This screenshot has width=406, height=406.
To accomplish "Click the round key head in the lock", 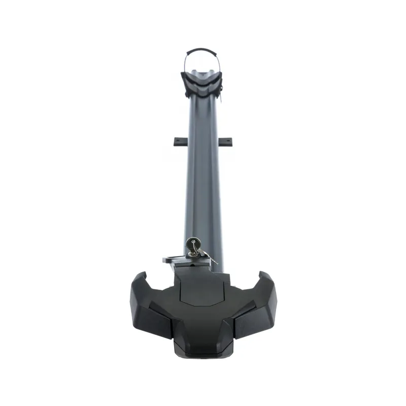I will click(191, 243).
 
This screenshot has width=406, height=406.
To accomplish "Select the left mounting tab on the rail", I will click(180, 141).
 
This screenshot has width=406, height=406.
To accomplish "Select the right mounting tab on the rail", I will click(227, 141).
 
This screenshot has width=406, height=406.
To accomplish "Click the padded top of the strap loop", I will click(202, 50).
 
